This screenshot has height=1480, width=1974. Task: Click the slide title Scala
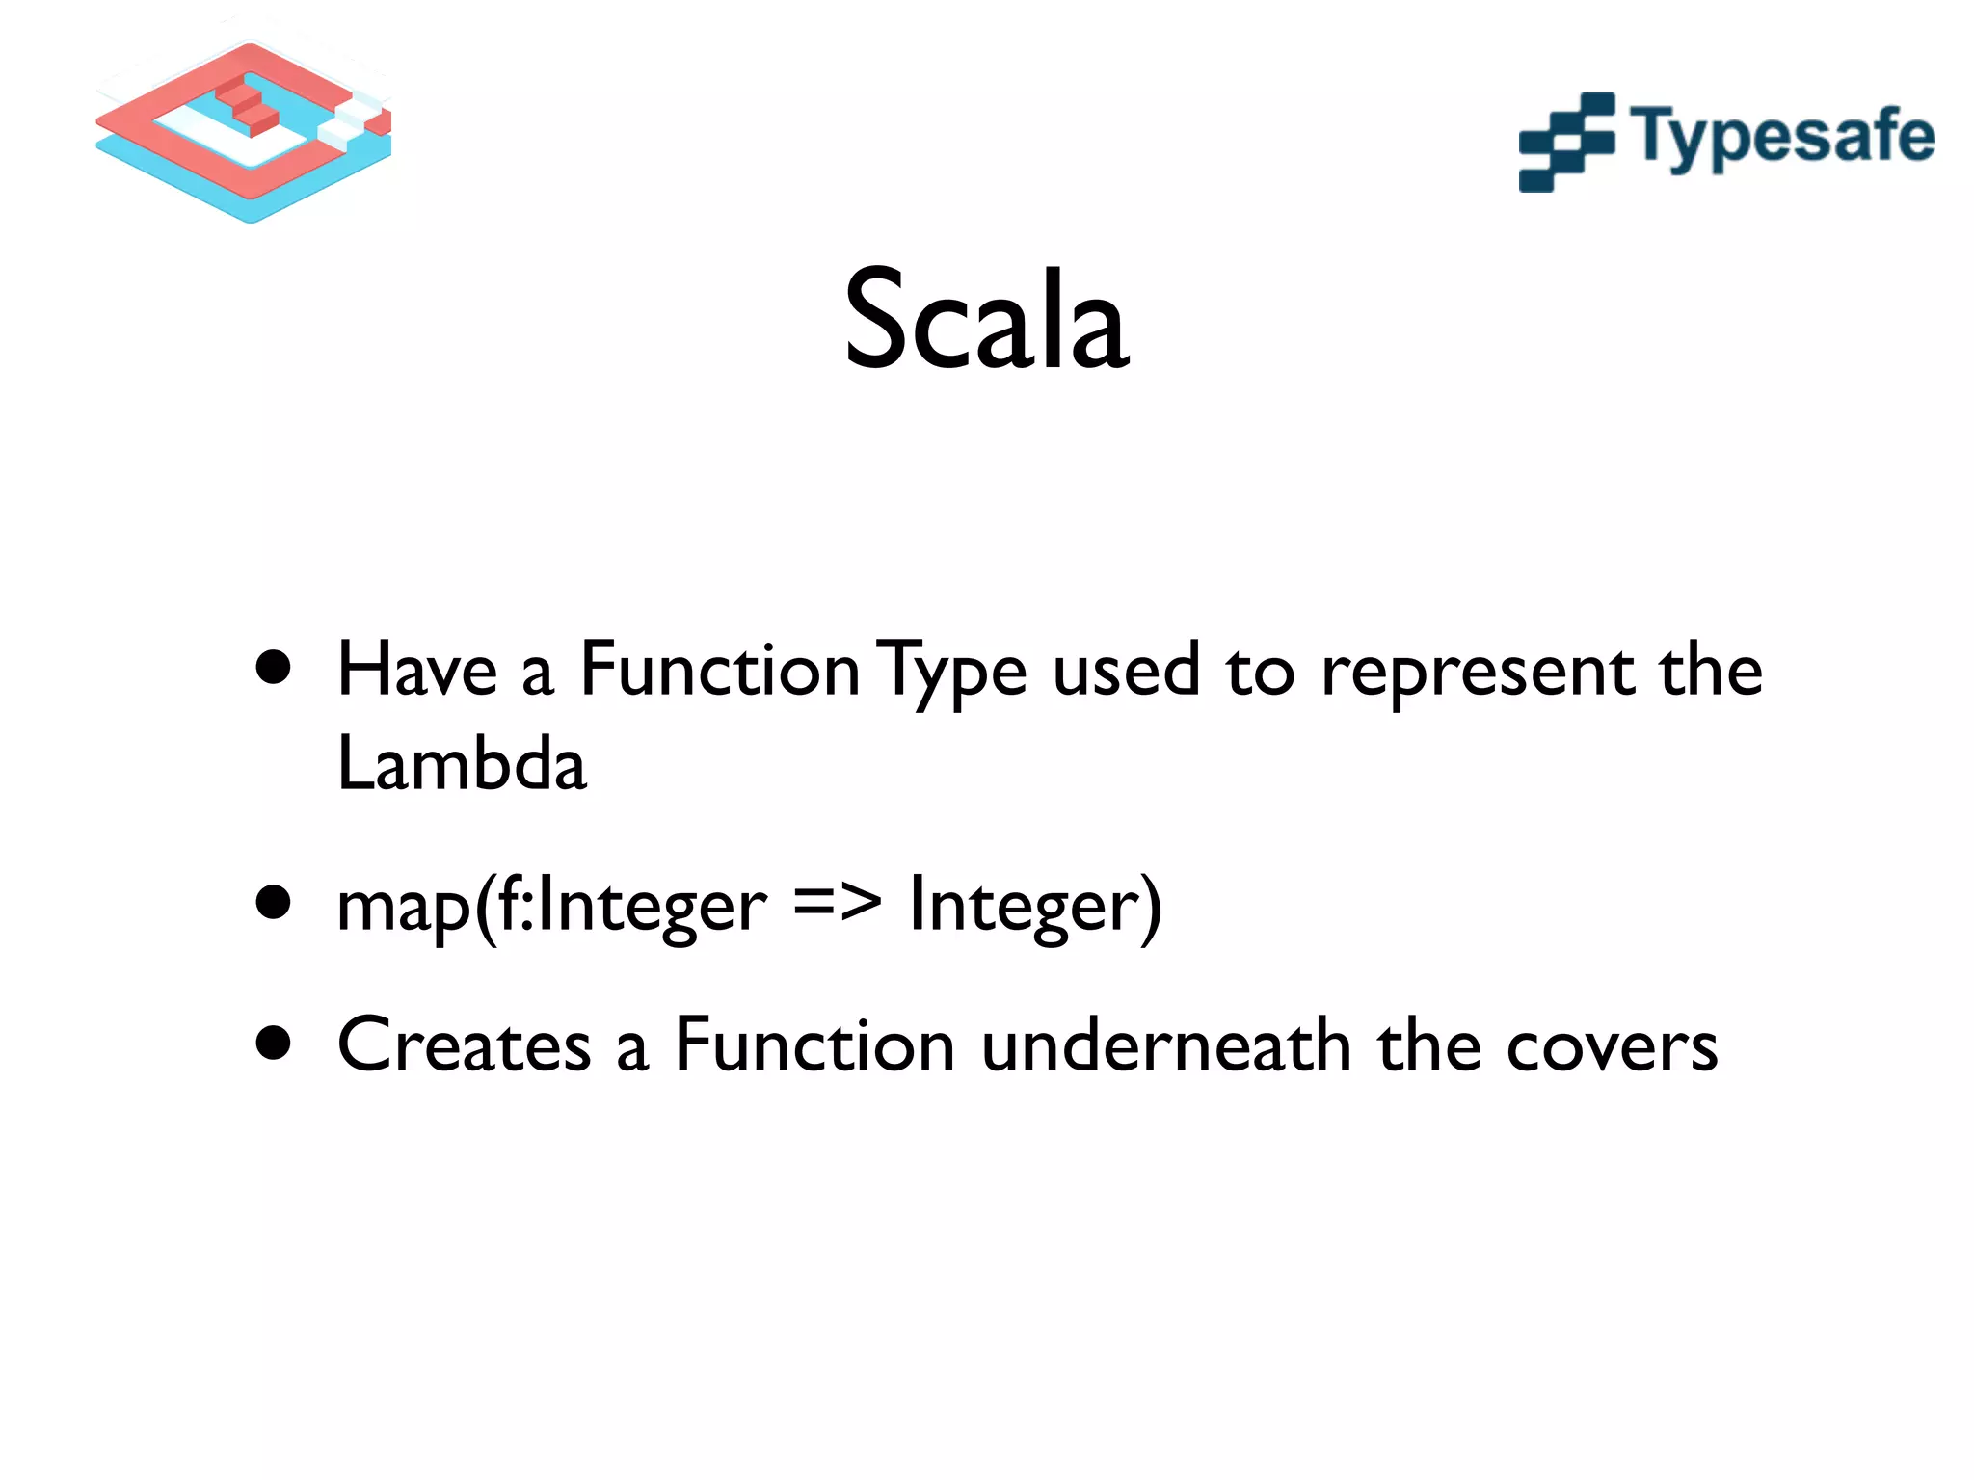tap(986, 320)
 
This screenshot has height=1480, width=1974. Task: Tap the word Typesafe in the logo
tap(1782, 138)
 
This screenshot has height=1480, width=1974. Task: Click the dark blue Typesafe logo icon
tap(1566, 143)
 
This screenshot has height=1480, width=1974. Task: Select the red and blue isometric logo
tap(244, 130)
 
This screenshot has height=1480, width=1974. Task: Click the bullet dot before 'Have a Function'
tap(275, 668)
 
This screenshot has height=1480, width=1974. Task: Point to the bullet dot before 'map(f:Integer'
tap(275, 903)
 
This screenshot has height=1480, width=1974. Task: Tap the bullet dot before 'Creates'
tap(275, 1043)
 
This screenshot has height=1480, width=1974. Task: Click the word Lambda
tap(462, 763)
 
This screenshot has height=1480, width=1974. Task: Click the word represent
tap(1477, 672)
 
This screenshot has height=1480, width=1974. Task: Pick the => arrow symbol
tap(837, 904)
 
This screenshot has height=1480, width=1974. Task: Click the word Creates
tap(464, 1045)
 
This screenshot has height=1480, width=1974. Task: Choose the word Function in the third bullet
tap(814, 1045)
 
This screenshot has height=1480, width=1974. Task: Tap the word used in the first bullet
tap(1126, 672)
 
